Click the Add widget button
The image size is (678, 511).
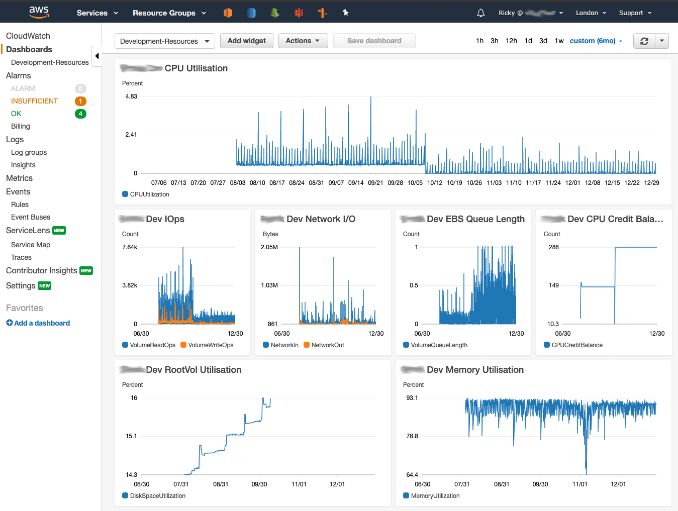(x=246, y=41)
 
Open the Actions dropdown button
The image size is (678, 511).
(x=303, y=41)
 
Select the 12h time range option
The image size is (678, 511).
(x=511, y=41)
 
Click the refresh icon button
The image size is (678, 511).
(x=644, y=41)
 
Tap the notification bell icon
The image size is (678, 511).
(x=480, y=13)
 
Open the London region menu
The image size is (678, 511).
(x=591, y=13)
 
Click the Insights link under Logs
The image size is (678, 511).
(x=23, y=165)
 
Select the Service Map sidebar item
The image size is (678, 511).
(x=31, y=245)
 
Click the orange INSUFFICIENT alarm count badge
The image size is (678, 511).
(x=80, y=101)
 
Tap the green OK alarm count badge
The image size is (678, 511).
(x=80, y=114)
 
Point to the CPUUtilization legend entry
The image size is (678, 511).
(x=149, y=194)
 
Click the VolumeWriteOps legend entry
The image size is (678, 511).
(x=211, y=345)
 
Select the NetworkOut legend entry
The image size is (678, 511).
(x=327, y=345)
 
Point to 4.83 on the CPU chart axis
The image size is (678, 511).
(x=131, y=96)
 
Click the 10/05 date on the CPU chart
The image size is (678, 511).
(x=415, y=183)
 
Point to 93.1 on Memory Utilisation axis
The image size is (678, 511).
(x=412, y=398)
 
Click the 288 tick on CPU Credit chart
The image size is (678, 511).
(x=553, y=247)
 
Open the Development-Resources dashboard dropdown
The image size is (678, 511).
(x=164, y=41)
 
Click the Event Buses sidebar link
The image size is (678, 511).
(x=31, y=217)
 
